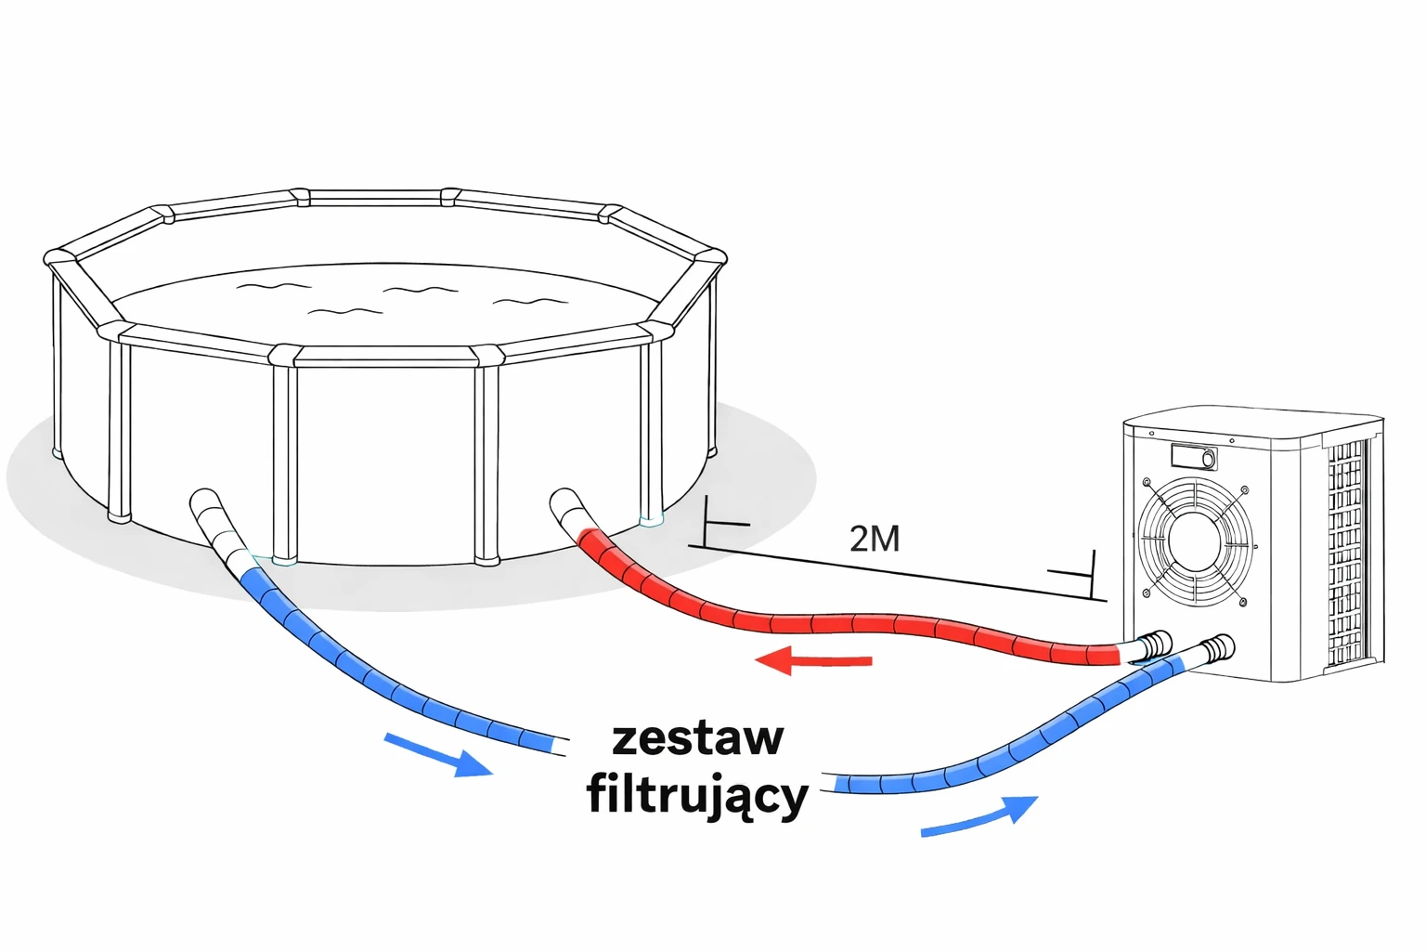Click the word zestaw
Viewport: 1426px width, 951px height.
click(x=698, y=738)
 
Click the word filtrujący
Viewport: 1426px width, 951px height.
click(x=697, y=797)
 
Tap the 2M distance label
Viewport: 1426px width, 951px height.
click(x=874, y=539)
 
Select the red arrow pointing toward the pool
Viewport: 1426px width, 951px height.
click(x=813, y=661)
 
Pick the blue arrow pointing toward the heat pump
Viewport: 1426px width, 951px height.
click(x=979, y=816)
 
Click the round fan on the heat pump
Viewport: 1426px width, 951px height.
click(x=1195, y=541)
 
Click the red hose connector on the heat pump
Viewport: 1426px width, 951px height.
click(x=1155, y=645)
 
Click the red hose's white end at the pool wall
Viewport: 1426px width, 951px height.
click(x=565, y=510)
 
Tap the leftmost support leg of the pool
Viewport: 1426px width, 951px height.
click(x=119, y=427)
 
